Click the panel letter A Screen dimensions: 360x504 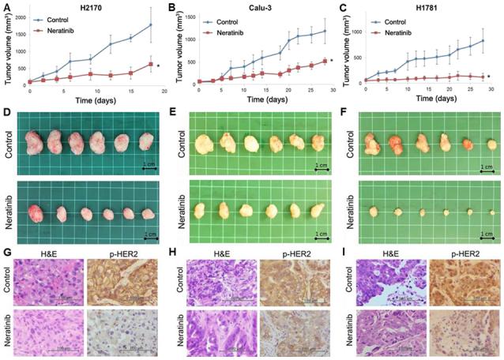click(6, 6)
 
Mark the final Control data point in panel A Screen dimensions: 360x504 click(150, 25)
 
